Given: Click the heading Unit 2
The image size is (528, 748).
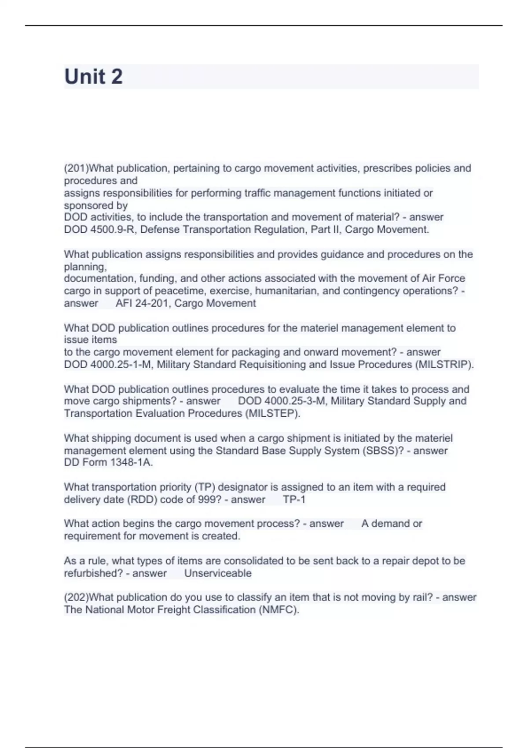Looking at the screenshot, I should pos(93,77).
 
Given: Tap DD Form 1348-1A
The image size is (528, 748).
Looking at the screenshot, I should pos(108,462).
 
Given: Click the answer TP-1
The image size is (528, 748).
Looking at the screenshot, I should pos(294,500).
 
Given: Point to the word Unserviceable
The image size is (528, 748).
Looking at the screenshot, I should pos(218,573).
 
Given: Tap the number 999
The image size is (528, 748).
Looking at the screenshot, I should pos(207,500).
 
